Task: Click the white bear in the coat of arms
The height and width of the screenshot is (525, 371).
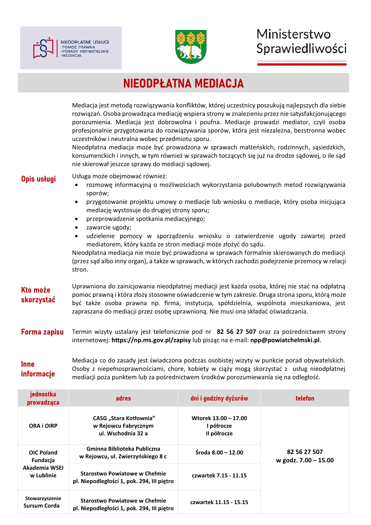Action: pos(189,51)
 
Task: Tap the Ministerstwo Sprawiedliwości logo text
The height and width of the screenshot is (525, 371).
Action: pos(301,41)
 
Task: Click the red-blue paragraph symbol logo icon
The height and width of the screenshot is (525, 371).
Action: pos(44,48)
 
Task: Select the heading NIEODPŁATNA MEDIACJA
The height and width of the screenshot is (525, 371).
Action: pos(183,83)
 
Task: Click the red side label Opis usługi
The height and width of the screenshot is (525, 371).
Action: pos(38,179)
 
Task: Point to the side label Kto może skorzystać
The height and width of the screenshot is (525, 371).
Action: pos(38,295)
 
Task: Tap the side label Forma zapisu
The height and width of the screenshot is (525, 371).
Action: pos(42,332)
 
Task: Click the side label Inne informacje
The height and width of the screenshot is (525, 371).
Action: pos(38,369)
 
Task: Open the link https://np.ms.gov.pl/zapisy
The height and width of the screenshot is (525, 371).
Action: pos(151,340)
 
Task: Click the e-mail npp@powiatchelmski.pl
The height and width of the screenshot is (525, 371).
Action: pos(285,340)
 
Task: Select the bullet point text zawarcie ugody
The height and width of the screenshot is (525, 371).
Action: pos(109,227)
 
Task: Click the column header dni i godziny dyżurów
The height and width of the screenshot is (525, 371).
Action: pos(219,398)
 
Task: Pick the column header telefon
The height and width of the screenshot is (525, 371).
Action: pos(305,398)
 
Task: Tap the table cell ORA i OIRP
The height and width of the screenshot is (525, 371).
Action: pos(43,426)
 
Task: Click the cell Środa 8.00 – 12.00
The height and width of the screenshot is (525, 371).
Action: pos(219,452)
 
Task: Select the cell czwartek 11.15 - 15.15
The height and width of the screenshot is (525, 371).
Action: pos(219,502)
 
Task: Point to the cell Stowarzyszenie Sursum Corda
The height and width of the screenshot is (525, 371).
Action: pos(43,502)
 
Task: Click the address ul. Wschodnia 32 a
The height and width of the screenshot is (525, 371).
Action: pos(123,433)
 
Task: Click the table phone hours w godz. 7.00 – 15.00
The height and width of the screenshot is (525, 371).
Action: pos(305,460)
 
